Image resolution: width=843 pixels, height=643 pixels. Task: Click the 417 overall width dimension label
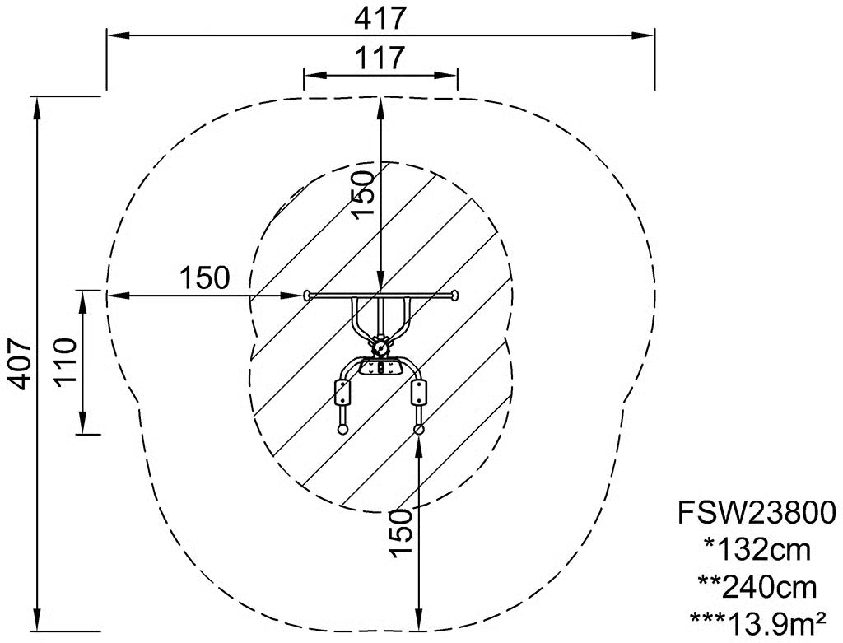point(380,20)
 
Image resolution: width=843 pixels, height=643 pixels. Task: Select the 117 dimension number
point(380,58)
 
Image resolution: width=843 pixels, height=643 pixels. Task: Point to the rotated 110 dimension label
point(65,361)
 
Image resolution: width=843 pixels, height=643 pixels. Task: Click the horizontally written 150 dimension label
point(204,278)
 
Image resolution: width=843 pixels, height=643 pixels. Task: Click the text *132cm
point(757,549)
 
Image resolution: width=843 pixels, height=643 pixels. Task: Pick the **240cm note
point(757,587)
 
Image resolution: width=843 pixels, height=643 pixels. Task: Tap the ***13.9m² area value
point(757,623)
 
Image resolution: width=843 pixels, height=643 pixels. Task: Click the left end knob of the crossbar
point(307,295)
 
